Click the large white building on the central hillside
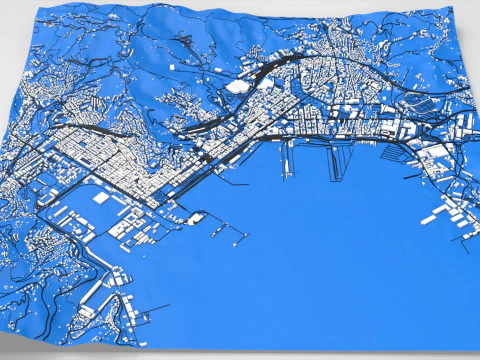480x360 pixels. [238, 86]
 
